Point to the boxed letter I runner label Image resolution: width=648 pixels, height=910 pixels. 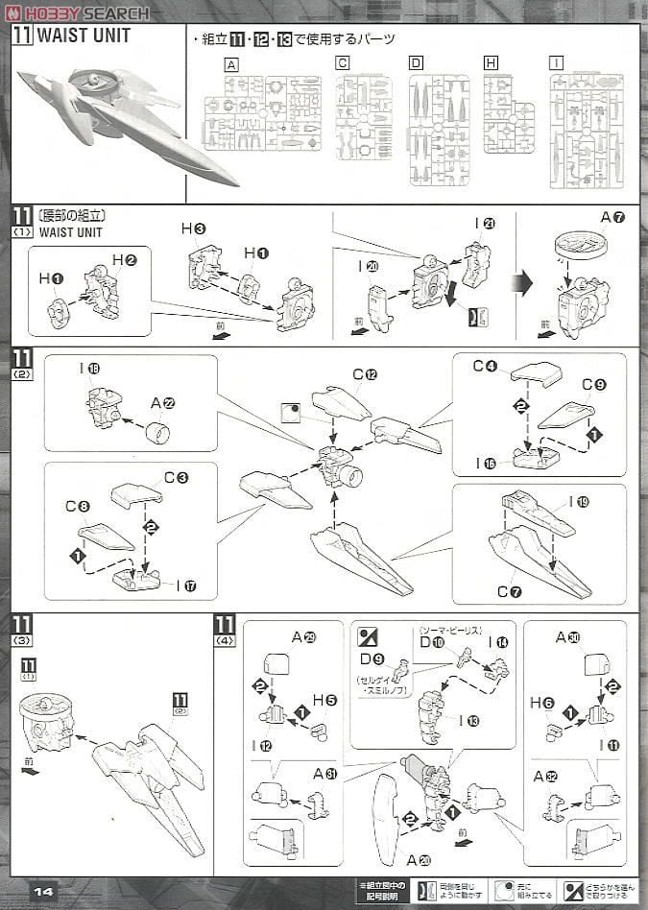click(x=556, y=63)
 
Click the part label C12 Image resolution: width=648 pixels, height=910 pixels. click(x=364, y=374)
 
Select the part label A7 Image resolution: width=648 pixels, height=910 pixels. click(x=612, y=217)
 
